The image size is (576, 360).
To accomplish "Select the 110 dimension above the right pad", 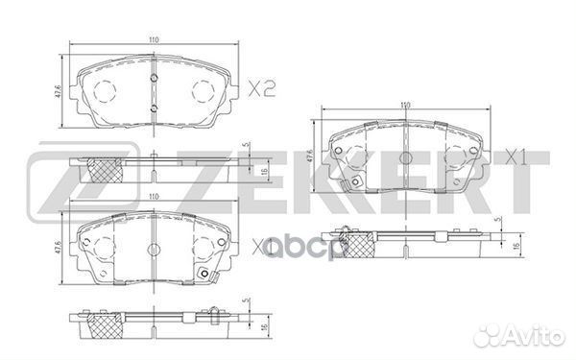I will pos(404,104).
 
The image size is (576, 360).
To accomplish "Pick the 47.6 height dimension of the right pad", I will pos(311,155).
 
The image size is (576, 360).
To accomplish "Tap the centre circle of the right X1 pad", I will pos(405,156).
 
